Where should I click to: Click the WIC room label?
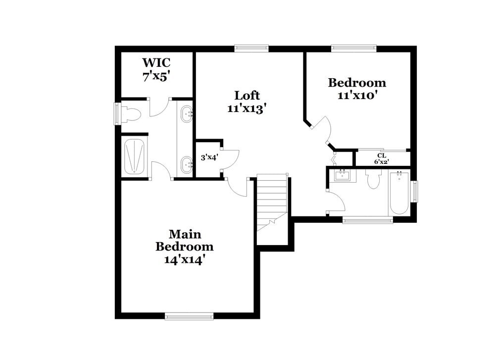156,63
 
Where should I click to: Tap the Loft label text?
247,95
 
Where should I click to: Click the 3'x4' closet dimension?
209,158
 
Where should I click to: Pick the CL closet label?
382,155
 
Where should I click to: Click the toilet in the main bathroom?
131,115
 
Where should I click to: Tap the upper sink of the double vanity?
187,114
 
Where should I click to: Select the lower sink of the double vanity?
187,163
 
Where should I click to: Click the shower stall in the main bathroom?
135,156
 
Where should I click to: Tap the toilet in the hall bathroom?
373,180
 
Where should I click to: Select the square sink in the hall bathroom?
342,175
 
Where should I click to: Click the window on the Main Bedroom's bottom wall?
189,316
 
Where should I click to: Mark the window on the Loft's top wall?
251,49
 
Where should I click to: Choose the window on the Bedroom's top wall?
353,49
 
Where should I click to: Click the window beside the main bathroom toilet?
118,113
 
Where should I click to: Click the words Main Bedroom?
185,240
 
